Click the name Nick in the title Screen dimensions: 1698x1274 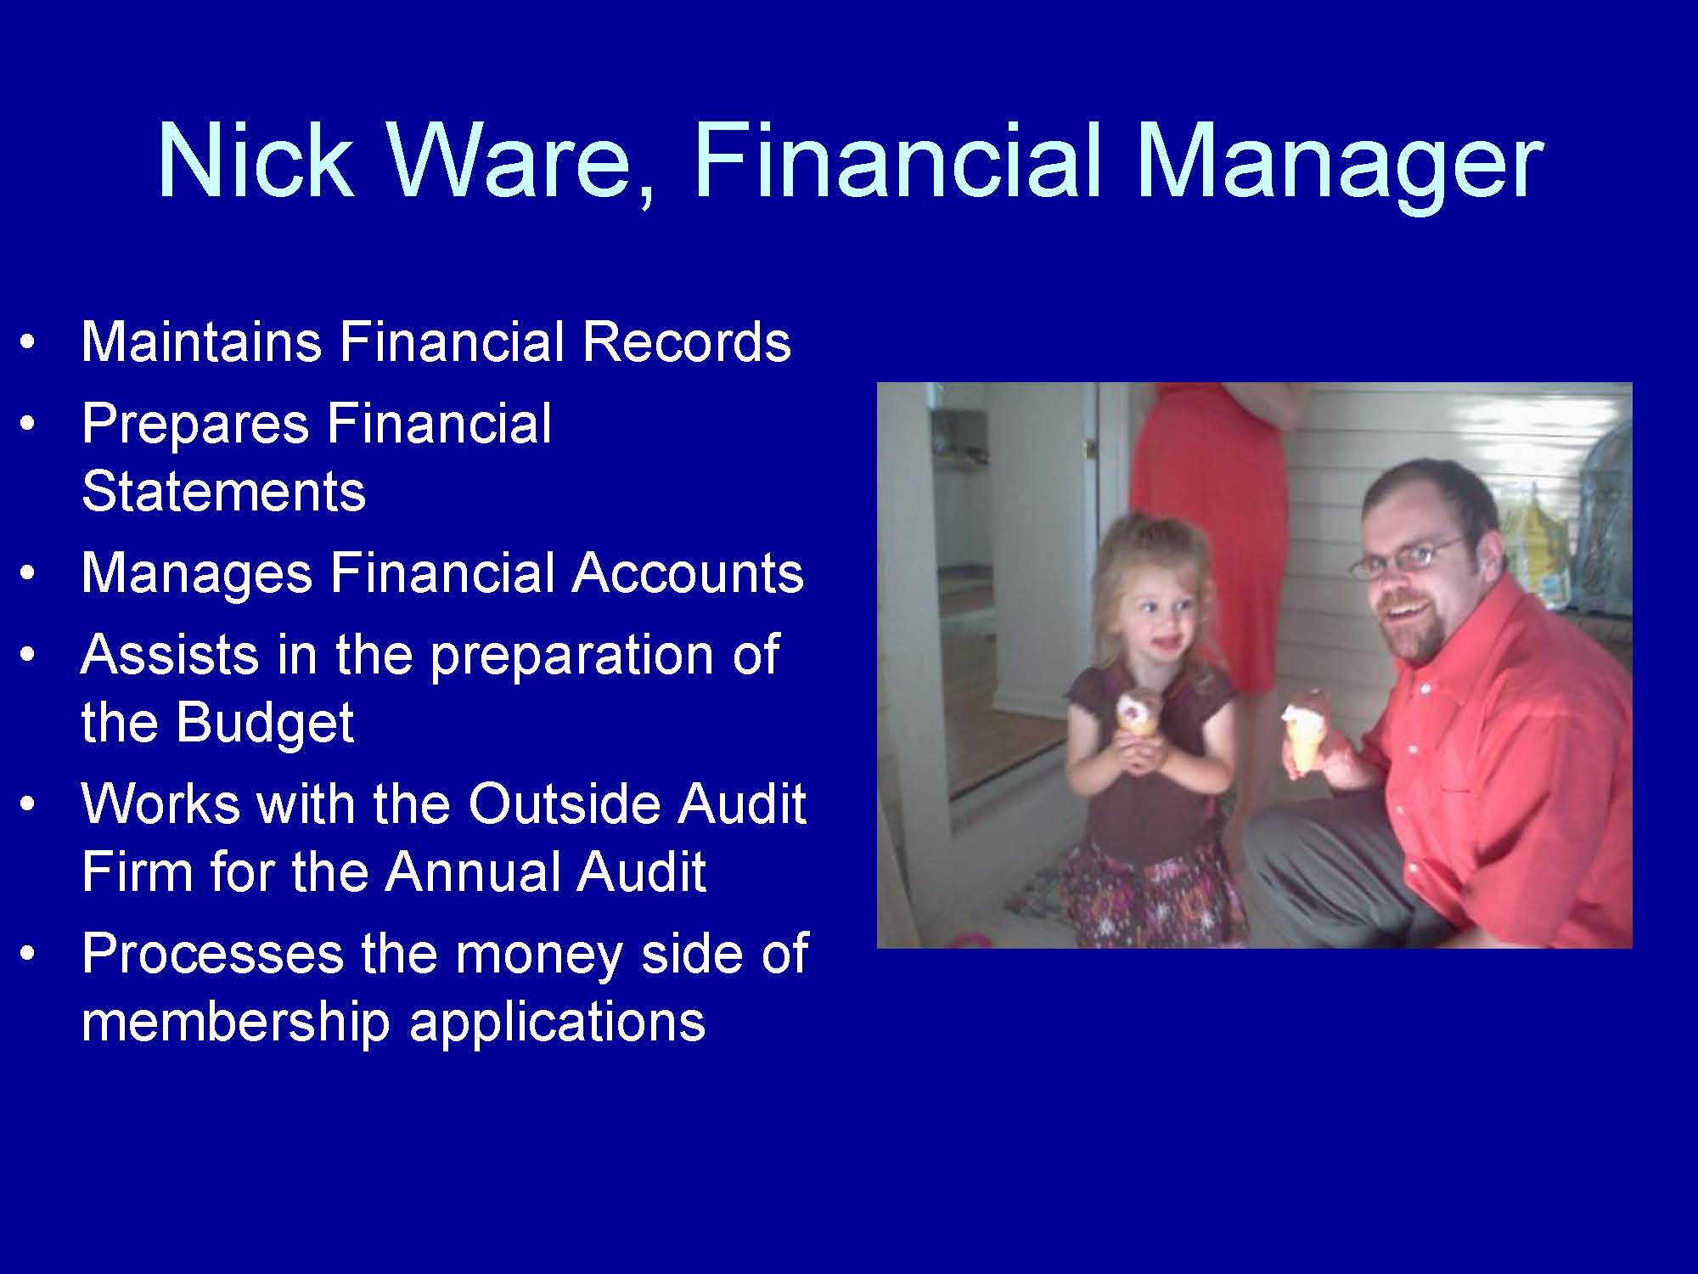[255, 161]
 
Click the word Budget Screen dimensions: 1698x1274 [265, 724]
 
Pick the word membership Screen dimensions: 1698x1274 [235, 1022]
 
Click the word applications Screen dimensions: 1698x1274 [557, 1022]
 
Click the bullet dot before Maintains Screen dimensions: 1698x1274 [29, 344]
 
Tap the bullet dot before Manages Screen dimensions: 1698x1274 [29, 575]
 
